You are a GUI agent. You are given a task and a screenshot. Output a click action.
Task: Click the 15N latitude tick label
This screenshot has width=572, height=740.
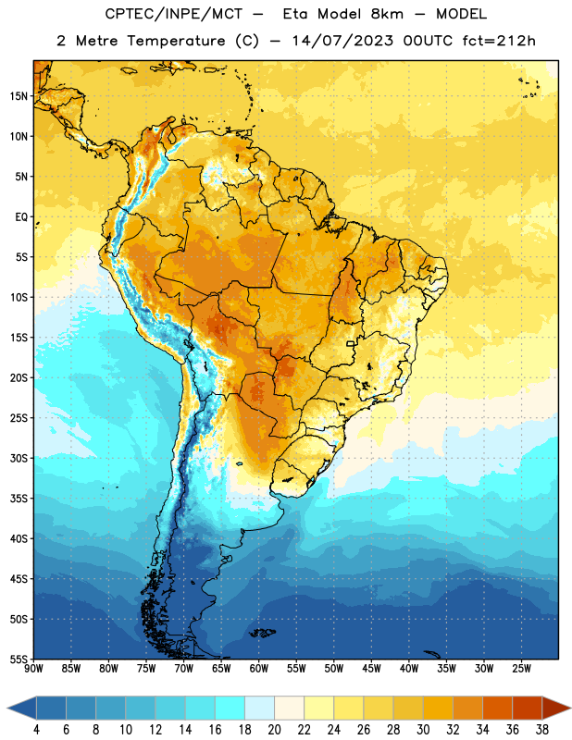point(19,96)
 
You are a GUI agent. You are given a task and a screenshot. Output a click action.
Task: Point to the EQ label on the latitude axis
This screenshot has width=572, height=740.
point(21,217)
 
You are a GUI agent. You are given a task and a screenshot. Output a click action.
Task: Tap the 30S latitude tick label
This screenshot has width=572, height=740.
point(19,458)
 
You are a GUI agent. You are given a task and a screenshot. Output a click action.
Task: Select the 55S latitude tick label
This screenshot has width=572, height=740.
point(19,659)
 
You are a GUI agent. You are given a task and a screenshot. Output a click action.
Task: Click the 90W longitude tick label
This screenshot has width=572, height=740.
point(33,669)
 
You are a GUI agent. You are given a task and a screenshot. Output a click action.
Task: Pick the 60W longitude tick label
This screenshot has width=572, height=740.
point(259,669)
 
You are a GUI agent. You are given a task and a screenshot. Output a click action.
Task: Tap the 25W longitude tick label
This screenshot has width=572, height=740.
point(521,669)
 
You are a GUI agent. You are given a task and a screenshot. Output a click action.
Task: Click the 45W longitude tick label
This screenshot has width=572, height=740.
point(371,669)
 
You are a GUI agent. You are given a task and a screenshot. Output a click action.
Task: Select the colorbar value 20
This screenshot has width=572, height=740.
point(274,730)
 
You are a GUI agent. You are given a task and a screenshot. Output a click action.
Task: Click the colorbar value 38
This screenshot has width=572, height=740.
point(542,730)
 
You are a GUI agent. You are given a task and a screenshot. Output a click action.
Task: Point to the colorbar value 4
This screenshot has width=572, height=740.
point(36,730)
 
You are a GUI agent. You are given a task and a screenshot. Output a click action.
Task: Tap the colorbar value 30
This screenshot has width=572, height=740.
point(423,730)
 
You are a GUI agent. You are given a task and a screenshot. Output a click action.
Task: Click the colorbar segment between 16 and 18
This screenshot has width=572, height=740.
point(230,709)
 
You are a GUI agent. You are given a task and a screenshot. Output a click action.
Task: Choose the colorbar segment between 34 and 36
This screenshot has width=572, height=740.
point(498,709)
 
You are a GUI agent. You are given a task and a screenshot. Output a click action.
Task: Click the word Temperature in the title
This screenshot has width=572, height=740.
point(176,41)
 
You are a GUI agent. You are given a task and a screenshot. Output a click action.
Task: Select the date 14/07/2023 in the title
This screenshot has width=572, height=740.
point(342,41)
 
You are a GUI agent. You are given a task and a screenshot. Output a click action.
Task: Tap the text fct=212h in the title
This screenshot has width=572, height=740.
point(499,41)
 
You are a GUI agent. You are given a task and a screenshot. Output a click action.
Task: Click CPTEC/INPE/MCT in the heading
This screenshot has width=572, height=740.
point(174,14)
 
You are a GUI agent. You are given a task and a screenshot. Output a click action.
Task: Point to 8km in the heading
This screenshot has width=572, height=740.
point(387,14)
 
